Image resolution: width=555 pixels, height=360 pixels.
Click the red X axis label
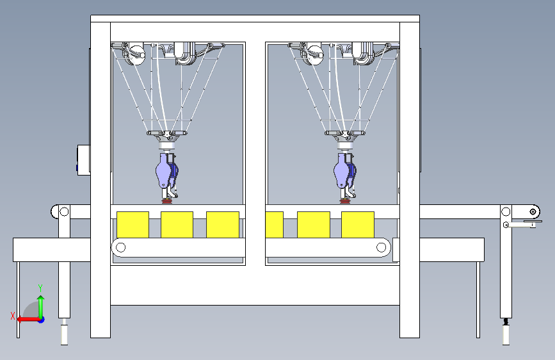13,316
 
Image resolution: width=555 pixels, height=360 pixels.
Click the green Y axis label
40,288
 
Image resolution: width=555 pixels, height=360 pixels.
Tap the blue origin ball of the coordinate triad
42,320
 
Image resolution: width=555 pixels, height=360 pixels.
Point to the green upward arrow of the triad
41,307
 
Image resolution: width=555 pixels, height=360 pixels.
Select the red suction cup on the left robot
166,201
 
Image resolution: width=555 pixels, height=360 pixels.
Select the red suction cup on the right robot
344,201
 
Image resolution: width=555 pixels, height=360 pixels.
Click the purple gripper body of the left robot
163,171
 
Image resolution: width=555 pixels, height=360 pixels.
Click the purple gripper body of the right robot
341,171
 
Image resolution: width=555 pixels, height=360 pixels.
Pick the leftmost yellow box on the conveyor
133,225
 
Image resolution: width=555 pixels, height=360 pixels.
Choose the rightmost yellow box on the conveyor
358,225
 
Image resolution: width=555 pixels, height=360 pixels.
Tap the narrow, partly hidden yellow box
275,225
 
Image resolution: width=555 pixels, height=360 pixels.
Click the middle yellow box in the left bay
177,225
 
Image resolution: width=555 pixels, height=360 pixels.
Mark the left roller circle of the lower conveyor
121,247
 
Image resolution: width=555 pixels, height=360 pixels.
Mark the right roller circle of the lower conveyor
382,247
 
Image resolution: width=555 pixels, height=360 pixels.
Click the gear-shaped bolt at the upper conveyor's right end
533,212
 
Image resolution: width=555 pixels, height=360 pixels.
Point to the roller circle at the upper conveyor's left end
64,211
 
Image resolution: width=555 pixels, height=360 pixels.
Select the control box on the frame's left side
83,160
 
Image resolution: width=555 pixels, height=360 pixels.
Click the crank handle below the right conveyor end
522,224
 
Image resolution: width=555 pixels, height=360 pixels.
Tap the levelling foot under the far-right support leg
506,332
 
